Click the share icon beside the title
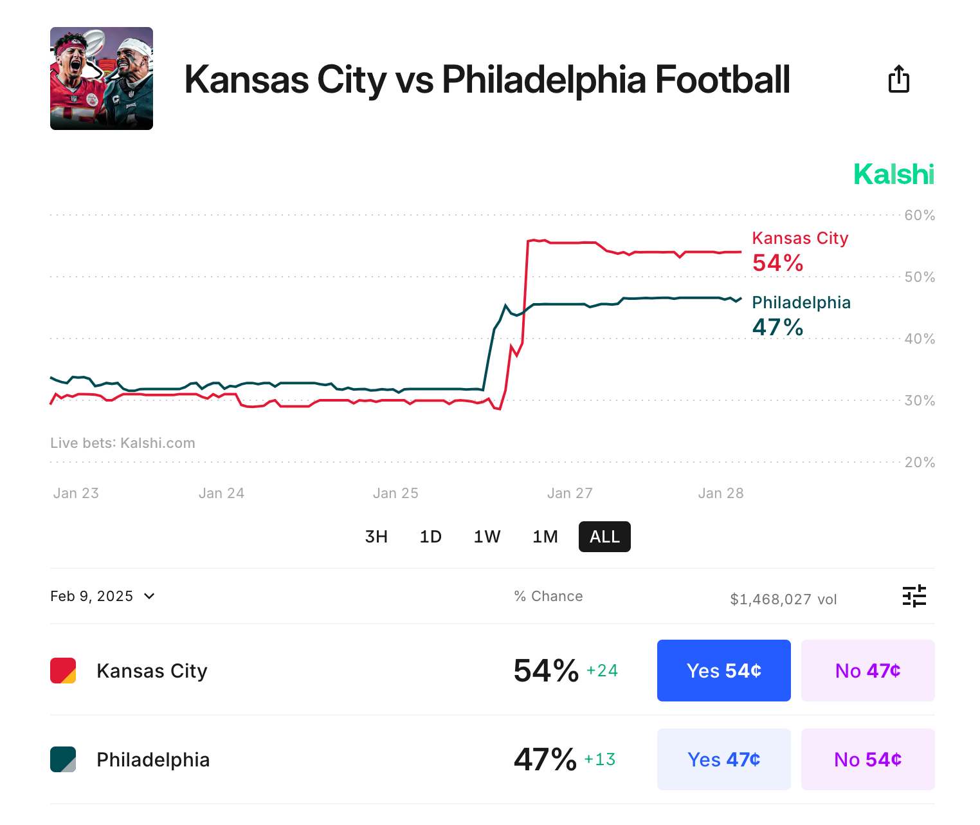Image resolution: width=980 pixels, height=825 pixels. (898, 79)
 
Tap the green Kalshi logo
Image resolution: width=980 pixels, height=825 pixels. (893, 174)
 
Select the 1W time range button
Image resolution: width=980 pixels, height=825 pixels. (487, 537)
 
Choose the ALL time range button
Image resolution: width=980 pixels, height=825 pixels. (604, 537)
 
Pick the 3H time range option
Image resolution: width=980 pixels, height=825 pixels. (376, 537)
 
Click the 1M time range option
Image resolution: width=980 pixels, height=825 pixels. (545, 537)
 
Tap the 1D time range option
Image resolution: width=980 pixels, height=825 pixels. (430, 537)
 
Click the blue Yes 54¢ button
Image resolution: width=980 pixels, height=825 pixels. (723, 671)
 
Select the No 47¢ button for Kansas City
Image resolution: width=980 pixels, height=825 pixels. (867, 671)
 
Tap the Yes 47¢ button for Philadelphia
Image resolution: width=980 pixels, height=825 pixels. (723, 759)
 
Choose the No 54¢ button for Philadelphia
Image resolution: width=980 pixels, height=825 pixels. (867, 759)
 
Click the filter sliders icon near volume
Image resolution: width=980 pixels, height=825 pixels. (914, 597)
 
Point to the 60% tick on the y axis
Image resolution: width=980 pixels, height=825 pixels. (920, 216)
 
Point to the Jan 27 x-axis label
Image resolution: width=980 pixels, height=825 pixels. (570, 494)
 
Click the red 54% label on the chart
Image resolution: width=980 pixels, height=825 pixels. (777, 263)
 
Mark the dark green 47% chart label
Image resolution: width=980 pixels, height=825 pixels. (777, 328)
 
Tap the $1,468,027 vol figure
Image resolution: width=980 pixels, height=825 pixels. (783, 600)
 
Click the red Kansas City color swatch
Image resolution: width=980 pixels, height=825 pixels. (63, 671)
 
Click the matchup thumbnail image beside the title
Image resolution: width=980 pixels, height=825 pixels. (102, 79)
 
